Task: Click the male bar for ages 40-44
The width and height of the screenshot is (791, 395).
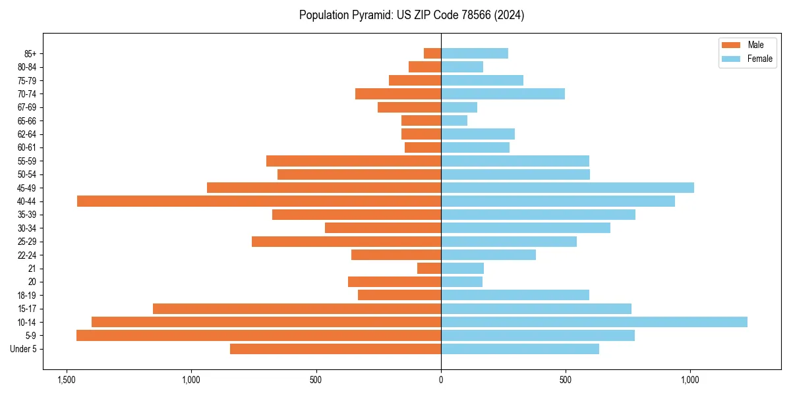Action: click(x=258, y=201)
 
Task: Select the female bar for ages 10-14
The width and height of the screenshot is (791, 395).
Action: click(x=594, y=322)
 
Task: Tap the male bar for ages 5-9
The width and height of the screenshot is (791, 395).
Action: click(x=258, y=335)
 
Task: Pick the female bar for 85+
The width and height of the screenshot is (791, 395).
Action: click(x=474, y=53)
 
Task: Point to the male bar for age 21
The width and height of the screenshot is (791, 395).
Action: click(x=428, y=268)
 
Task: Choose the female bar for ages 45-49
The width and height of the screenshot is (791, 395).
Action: click(x=567, y=188)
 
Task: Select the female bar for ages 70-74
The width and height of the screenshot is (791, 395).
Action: click(x=502, y=93)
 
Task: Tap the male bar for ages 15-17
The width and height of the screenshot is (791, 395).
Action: click(x=297, y=308)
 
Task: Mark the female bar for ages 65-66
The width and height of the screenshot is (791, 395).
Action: click(x=454, y=120)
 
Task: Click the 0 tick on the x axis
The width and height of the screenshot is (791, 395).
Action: click(x=441, y=380)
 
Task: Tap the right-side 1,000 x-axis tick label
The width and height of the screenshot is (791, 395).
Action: click(x=690, y=380)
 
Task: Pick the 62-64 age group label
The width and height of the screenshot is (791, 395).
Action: click(x=26, y=134)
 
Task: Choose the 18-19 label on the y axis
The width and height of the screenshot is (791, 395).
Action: click(x=26, y=295)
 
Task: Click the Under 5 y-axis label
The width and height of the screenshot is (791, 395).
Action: click(x=23, y=349)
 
